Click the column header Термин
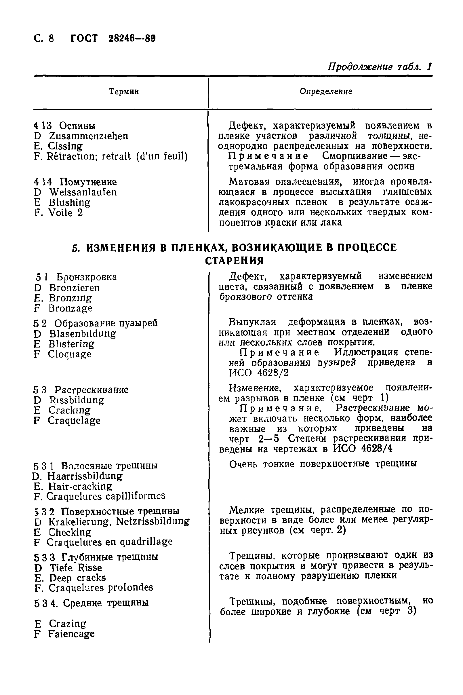124,92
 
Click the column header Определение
326,92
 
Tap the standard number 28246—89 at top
132,39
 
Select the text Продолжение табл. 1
380,67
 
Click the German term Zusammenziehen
88,136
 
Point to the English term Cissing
65,146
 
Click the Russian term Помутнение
88,182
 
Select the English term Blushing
69,203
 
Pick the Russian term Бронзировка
87,277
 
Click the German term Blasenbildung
82,334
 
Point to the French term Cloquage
70,354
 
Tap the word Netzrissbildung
153,521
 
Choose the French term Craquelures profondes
101,588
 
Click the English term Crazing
67,624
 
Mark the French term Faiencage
71,634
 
